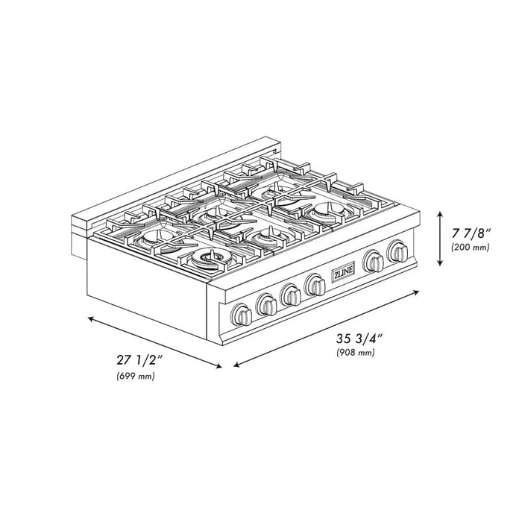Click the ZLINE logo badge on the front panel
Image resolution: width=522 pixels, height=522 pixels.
(343, 273)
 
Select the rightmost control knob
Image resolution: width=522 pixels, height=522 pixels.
(397, 251)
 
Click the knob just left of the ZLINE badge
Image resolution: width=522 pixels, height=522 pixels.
(315, 285)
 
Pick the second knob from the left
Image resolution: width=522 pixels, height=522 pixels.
(267, 304)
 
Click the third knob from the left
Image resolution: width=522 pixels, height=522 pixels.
(291, 295)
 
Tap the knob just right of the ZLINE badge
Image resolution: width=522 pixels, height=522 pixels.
(374, 261)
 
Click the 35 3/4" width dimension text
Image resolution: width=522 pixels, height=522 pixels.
(359, 339)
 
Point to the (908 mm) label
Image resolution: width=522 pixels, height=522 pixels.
(356, 352)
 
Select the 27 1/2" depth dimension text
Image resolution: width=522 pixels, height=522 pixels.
(139, 360)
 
